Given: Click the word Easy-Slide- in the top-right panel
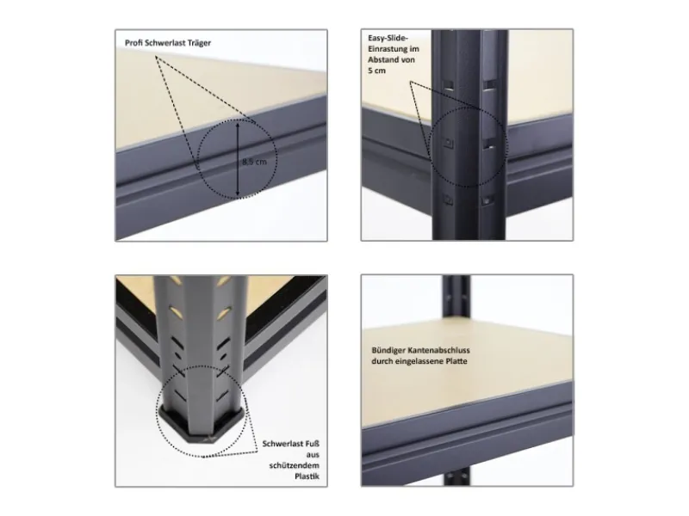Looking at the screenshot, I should click(x=385, y=39).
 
